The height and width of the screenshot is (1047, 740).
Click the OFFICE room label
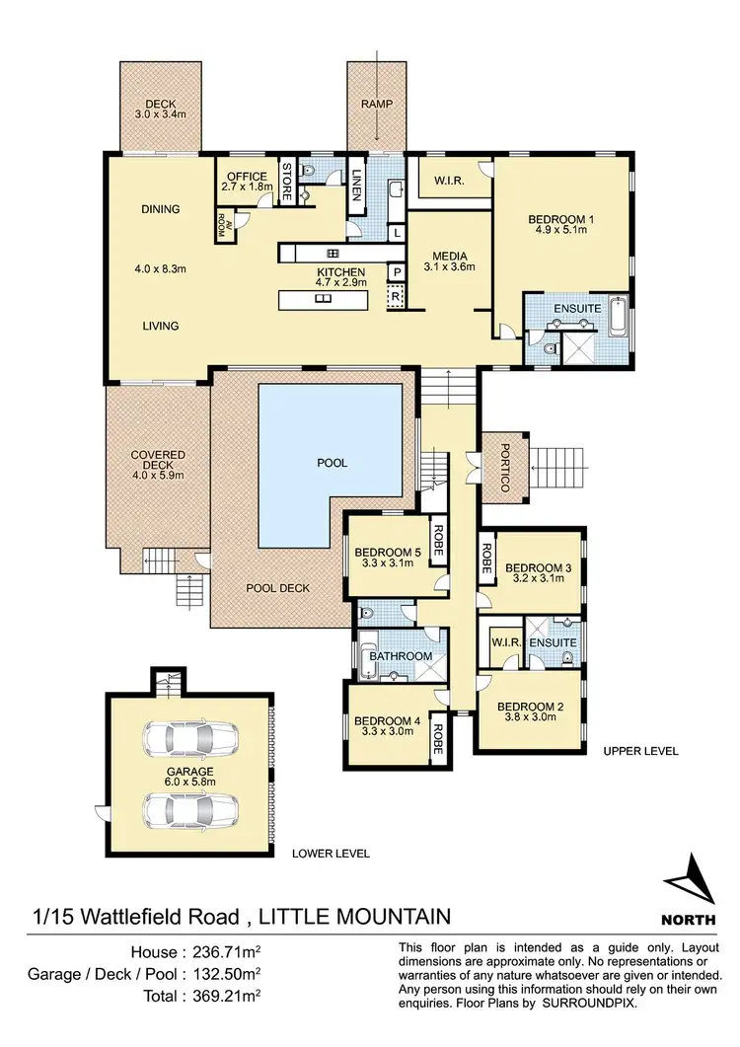(x=247, y=177)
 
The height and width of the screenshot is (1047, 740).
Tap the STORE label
(x=287, y=182)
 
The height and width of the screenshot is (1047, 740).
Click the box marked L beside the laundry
(x=396, y=233)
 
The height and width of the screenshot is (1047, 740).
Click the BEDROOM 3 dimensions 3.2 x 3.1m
(x=538, y=580)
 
